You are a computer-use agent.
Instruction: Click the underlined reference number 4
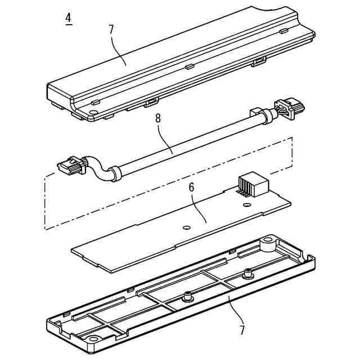(x=68, y=18)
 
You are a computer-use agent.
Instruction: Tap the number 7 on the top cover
(x=111, y=29)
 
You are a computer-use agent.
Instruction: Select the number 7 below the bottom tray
(x=242, y=330)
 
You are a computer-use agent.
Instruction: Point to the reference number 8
(x=158, y=119)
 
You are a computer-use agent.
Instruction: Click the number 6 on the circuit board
(x=191, y=187)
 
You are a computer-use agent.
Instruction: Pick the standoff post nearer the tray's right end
(x=247, y=276)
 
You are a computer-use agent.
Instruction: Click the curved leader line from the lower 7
(x=235, y=310)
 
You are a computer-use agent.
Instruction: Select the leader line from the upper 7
(x=119, y=51)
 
